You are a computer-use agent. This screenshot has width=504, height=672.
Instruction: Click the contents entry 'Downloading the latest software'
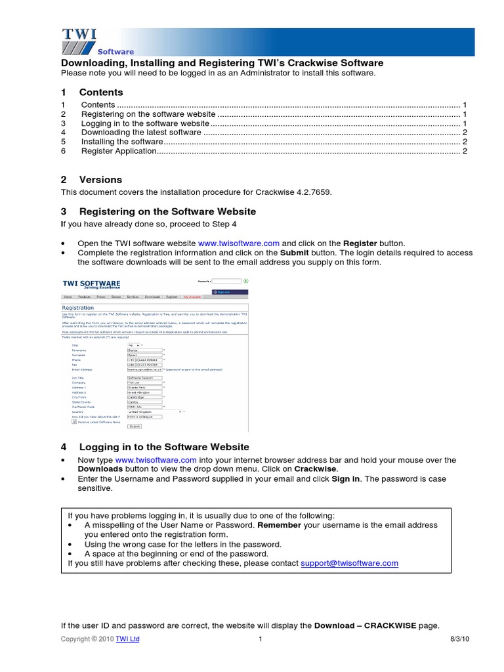pos(141,132)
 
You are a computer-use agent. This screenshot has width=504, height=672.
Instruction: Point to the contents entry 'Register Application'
pos(119,151)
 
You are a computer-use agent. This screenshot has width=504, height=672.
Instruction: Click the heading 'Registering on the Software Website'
pos(167,211)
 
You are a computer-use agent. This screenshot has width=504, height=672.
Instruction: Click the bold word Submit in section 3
pos(294,252)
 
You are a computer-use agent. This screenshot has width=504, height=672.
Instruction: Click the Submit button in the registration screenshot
pos(135,426)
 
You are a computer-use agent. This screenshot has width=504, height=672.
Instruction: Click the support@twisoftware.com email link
pos(349,563)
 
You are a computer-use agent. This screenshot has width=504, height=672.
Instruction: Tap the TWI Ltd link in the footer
pos(127,639)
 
